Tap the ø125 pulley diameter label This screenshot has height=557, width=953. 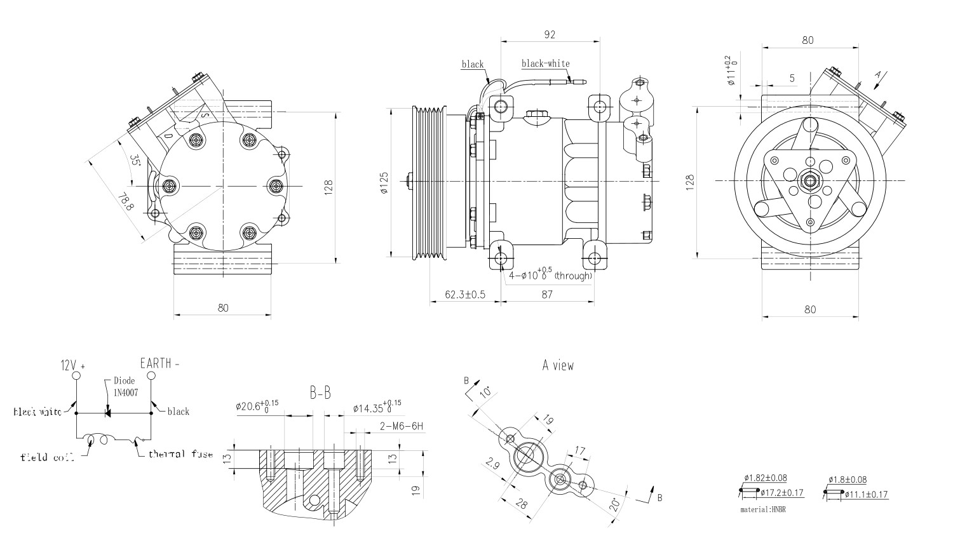click(x=384, y=182)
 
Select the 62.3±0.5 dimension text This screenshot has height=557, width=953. click(x=464, y=294)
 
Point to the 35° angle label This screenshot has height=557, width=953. click(x=135, y=159)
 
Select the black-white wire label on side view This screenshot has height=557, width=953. click(x=545, y=64)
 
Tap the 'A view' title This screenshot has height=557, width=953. click(x=558, y=365)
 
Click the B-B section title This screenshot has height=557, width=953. click(x=320, y=394)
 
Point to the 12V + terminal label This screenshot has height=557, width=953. click(x=72, y=366)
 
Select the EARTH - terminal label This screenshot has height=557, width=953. click(x=159, y=364)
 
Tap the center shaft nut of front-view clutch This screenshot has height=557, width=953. click(x=810, y=181)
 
